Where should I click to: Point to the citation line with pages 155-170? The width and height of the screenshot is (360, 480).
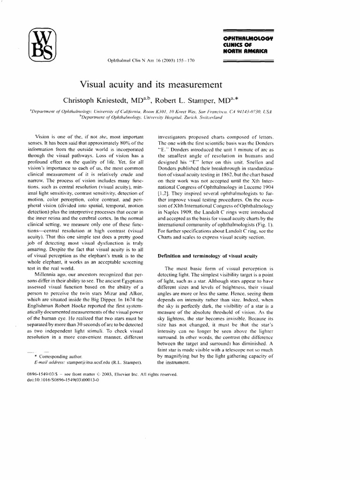tap(151, 60)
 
